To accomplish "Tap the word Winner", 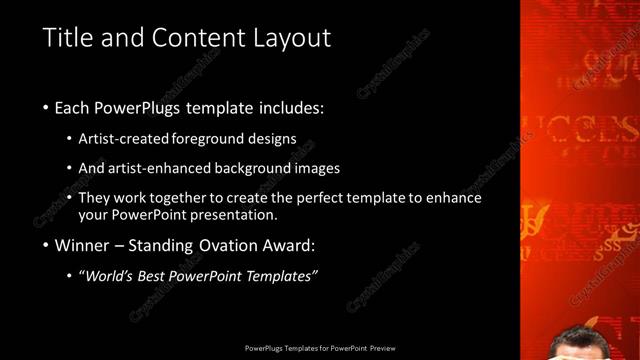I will click(x=82, y=245).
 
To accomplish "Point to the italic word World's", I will click(x=110, y=276).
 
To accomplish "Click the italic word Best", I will click(x=158, y=276).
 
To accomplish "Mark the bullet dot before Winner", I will click(x=46, y=245).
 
